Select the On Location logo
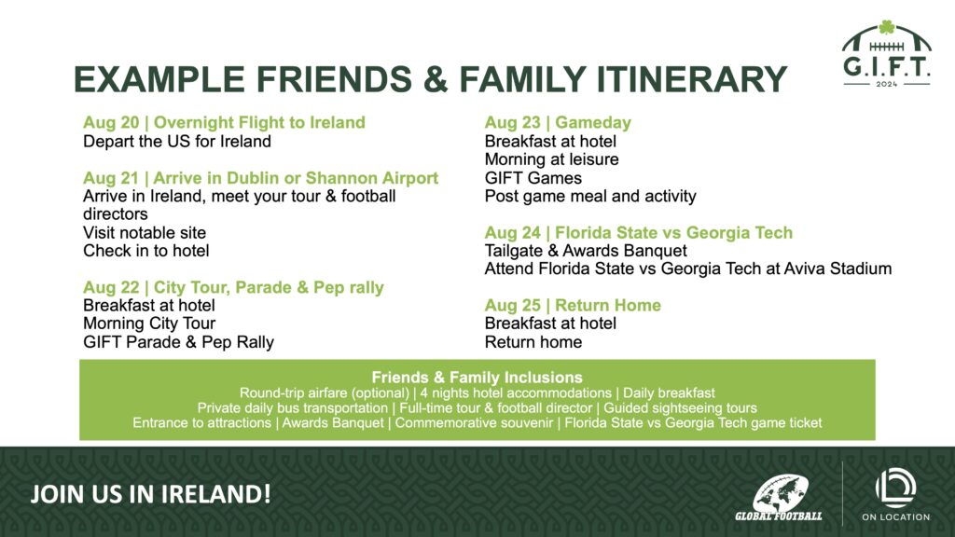pyautogui.click(x=895, y=494)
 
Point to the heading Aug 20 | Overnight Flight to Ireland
pyautogui.click(x=224, y=122)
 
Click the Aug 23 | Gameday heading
pyautogui.click(x=558, y=122)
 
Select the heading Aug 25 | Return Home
pyautogui.click(x=573, y=305)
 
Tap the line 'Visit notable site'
pyautogui.click(x=145, y=232)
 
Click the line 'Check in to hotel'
pyautogui.click(x=146, y=251)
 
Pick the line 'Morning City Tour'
pyautogui.click(x=149, y=324)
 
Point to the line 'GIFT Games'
pyautogui.click(x=533, y=178)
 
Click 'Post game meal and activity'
pyautogui.click(x=590, y=196)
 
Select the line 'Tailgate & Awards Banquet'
pyautogui.click(x=586, y=251)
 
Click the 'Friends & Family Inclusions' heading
pyautogui.click(x=477, y=378)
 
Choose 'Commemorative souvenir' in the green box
pyautogui.click(x=474, y=422)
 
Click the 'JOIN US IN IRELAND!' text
pyautogui.click(x=150, y=494)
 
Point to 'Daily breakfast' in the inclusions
pyautogui.click(x=669, y=393)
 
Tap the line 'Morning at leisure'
pyautogui.click(x=552, y=159)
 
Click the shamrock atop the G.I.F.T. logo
pyautogui.click(x=887, y=27)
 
